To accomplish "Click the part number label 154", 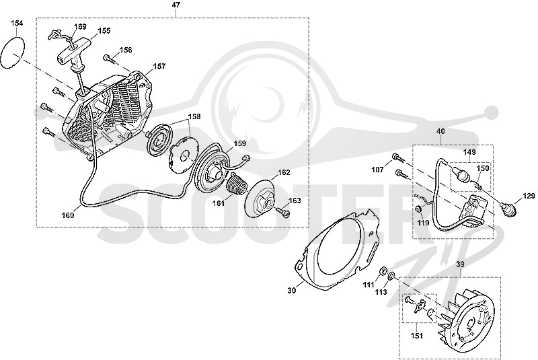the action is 17,24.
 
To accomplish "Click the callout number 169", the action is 80,26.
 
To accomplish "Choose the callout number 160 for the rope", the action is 68,215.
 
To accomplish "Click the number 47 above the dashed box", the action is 176,5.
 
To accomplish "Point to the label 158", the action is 194,116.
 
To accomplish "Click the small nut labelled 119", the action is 418,209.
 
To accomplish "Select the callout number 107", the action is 378,170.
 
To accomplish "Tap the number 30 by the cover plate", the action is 291,290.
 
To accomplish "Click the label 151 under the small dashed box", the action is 417,336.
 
